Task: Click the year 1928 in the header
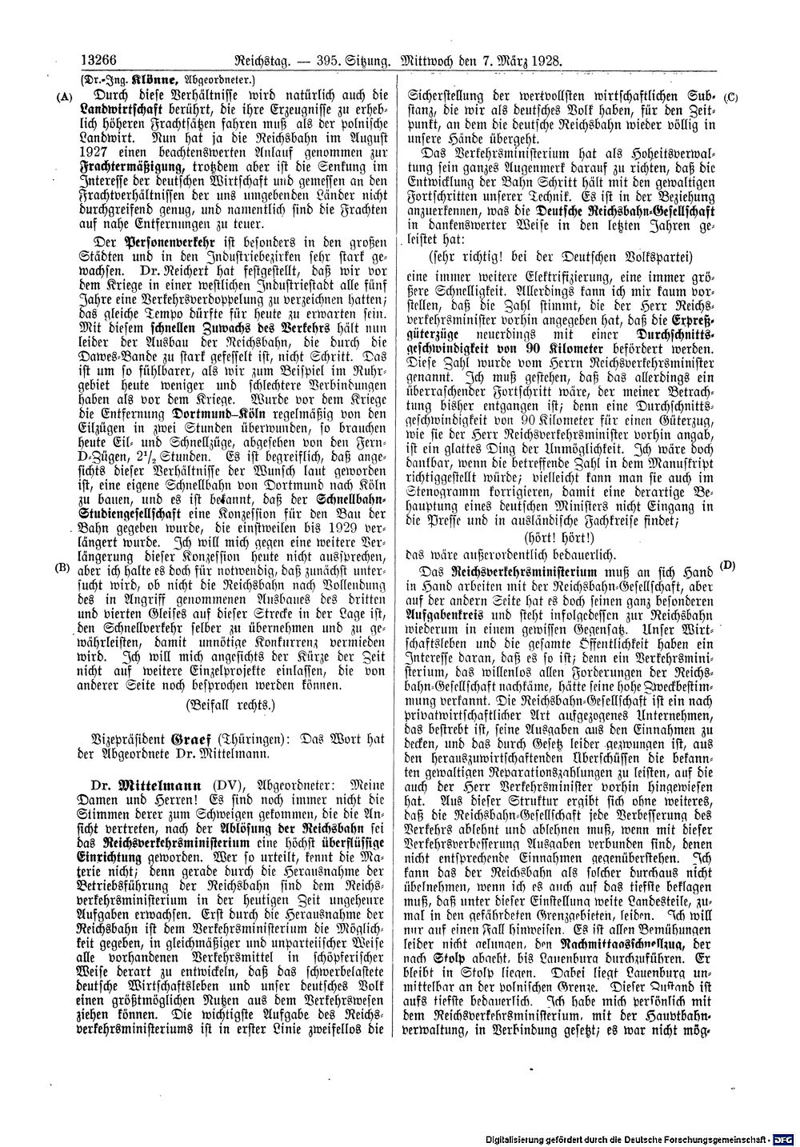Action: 542,59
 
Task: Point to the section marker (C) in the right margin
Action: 730,98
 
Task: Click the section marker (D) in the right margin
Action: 728,566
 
